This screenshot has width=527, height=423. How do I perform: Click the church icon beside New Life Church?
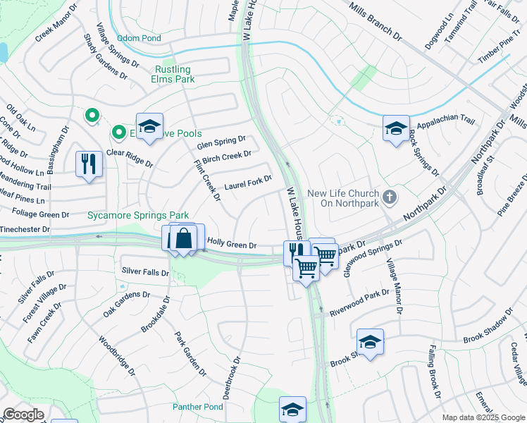click(392, 195)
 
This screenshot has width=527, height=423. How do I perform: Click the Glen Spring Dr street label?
click(221, 142)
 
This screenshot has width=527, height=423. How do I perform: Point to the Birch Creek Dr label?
click(226, 158)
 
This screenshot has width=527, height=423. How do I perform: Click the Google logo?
click(23, 415)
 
